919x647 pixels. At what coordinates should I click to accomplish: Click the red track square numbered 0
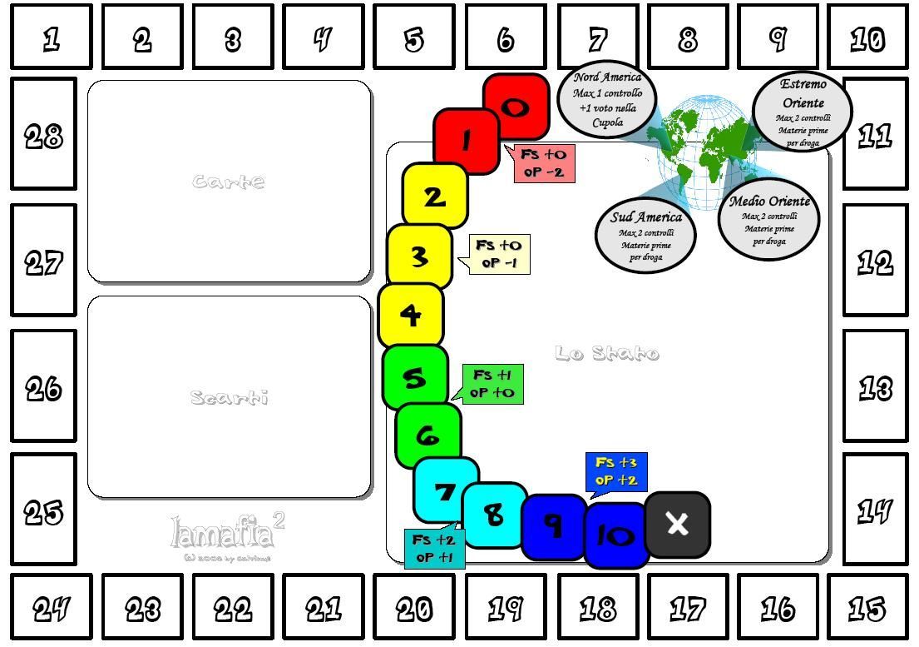tap(516, 107)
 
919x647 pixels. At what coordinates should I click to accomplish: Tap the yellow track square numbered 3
tap(419, 256)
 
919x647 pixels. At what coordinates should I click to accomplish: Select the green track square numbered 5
tap(414, 378)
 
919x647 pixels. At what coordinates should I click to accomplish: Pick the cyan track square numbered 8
tap(494, 515)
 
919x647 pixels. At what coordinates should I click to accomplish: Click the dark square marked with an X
tap(677, 524)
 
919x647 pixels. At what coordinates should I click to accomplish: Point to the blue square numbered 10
tap(616, 535)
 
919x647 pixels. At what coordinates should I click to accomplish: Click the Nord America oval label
tap(607, 100)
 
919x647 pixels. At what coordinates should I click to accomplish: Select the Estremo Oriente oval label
tap(803, 113)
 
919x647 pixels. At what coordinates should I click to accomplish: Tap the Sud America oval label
tap(645, 235)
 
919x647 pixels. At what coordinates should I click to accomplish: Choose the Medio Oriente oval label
tap(768, 221)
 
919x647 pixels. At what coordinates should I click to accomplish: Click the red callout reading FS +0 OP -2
tap(544, 163)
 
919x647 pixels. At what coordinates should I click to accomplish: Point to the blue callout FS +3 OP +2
tap(616, 471)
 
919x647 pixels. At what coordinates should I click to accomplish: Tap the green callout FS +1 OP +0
tap(492, 384)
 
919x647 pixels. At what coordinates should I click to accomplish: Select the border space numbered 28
tap(43, 135)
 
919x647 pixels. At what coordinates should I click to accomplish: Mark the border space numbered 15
tap(867, 609)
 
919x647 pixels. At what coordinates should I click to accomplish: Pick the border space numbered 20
tap(413, 609)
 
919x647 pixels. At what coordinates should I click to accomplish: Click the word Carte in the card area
tap(229, 182)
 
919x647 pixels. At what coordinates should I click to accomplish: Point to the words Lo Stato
tap(607, 354)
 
